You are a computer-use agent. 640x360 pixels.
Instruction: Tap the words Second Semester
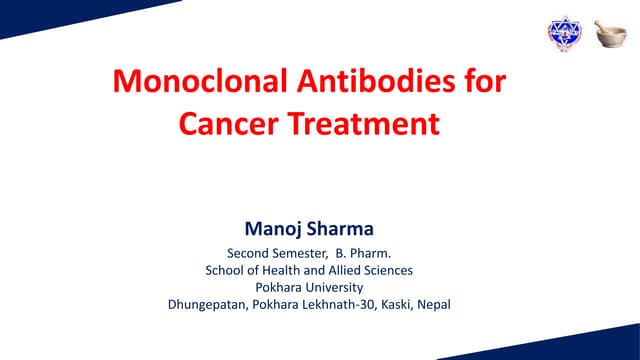[269, 253]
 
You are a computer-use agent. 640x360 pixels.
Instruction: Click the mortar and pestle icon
[610, 33]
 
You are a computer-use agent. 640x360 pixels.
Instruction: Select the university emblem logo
[563, 33]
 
